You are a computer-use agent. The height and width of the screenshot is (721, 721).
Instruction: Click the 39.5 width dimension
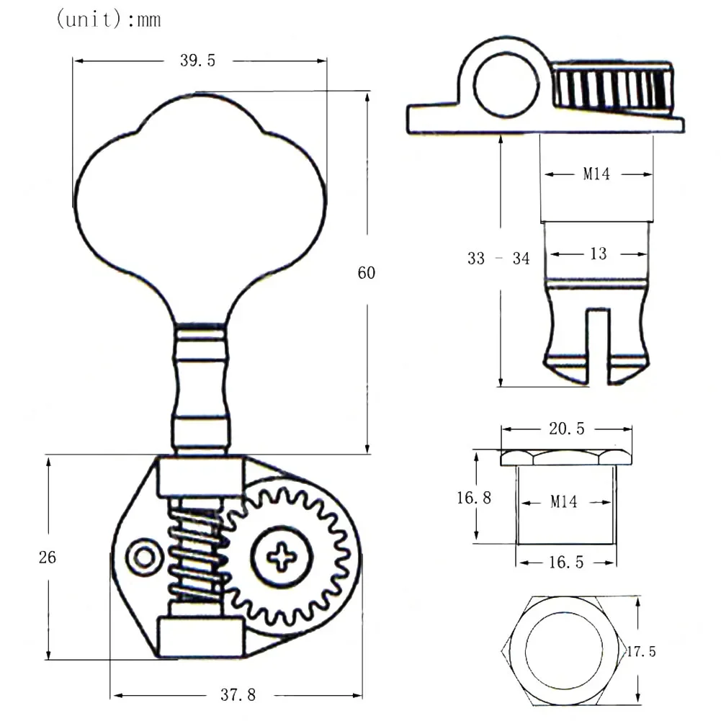click(x=198, y=61)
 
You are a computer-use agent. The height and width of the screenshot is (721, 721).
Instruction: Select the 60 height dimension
click(x=367, y=273)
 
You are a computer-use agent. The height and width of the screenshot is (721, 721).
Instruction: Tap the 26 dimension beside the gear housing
click(x=48, y=557)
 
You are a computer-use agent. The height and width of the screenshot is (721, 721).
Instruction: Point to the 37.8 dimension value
click(x=238, y=694)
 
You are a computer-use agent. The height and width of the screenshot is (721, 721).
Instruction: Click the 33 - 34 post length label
click(x=498, y=259)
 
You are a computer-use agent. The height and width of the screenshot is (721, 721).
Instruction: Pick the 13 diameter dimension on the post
click(x=599, y=254)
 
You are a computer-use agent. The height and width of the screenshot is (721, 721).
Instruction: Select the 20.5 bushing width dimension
click(x=566, y=429)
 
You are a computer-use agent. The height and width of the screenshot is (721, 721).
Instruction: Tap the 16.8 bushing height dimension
click(x=474, y=498)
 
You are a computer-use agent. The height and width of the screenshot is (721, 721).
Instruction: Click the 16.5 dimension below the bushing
click(x=566, y=562)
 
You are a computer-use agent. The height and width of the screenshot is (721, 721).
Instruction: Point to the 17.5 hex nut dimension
click(x=642, y=651)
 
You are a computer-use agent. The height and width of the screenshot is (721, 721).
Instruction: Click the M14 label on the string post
click(x=596, y=174)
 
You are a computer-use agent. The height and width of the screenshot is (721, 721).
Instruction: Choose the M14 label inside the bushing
click(x=564, y=501)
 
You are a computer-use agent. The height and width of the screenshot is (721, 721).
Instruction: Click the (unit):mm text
click(x=109, y=19)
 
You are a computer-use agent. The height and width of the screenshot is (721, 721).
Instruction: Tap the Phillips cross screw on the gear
click(x=282, y=556)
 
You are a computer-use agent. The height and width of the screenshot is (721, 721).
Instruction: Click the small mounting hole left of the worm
click(x=144, y=557)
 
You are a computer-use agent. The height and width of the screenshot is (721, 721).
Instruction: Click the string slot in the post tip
click(x=598, y=346)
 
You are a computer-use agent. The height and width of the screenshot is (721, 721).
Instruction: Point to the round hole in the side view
click(x=506, y=85)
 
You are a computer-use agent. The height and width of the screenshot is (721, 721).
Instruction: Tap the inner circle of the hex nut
click(x=564, y=651)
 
